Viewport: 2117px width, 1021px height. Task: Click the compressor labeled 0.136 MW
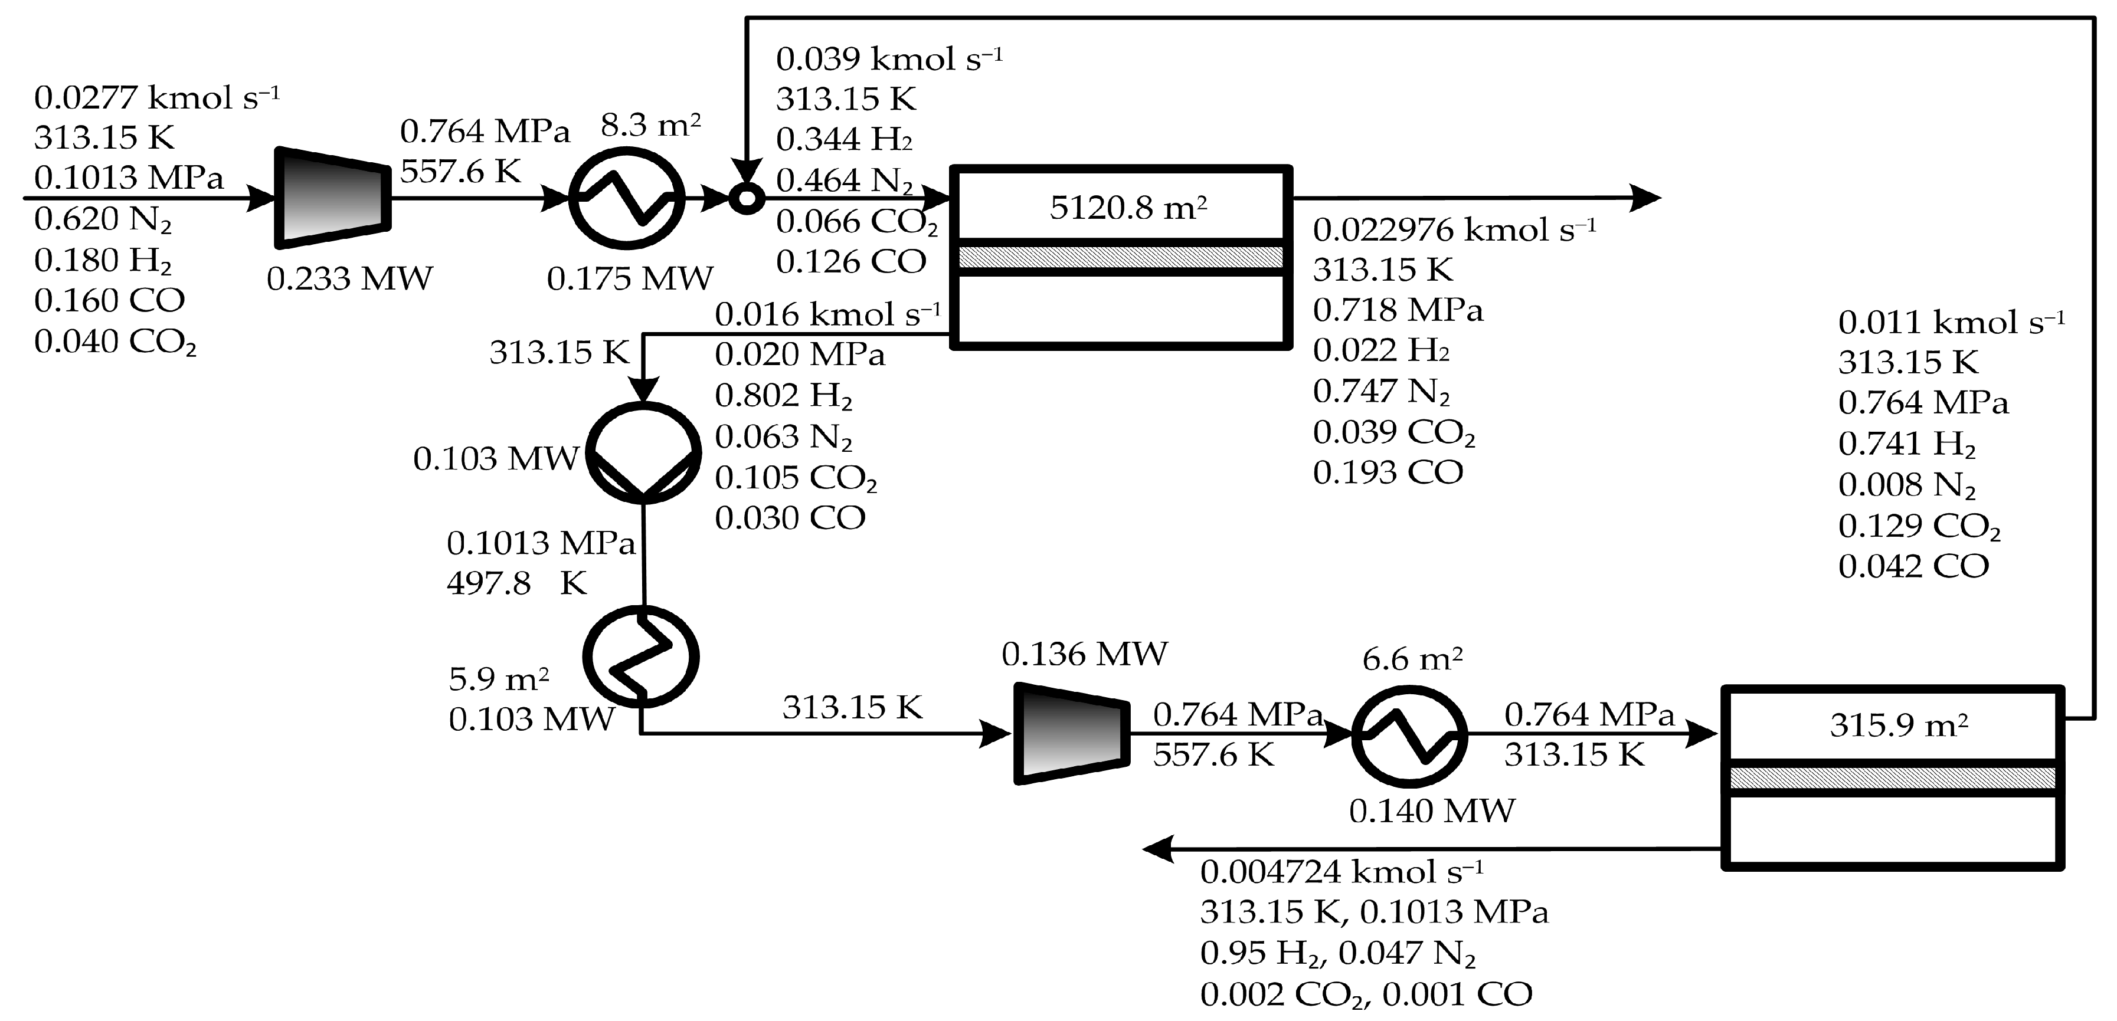tap(1070, 734)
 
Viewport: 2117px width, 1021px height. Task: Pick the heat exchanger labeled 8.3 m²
tap(628, 197)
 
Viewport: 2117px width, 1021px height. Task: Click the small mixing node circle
tap(747, 198)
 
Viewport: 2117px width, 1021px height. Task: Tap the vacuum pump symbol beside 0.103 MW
tap(644, 452)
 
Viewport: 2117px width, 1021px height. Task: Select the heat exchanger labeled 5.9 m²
tap(641, 656)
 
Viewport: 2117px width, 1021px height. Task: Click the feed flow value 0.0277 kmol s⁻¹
tap(156, 98)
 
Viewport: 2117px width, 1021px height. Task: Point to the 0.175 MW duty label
tap(630, 279)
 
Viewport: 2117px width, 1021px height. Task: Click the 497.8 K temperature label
tap(516, 583)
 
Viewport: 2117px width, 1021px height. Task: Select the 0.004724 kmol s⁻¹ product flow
tap(1341, 872)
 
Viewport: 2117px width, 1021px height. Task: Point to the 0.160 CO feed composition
tap(109, 301)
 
